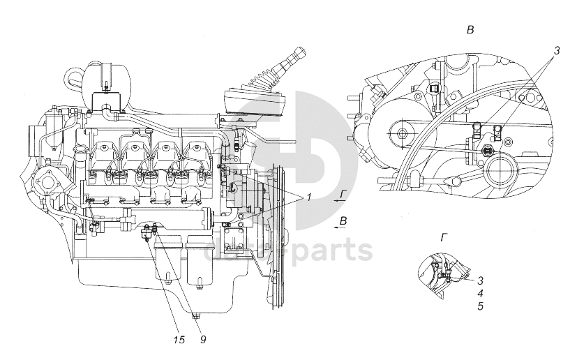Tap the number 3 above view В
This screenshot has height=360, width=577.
click(x=556, y=51)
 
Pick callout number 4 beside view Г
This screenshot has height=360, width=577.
click(x=481, y=294)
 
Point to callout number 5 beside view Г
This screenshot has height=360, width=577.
click(x=481, y=306)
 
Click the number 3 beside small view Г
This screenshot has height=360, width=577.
click(x=481, y=282)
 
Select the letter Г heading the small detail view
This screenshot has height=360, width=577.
click(x=444, y=238)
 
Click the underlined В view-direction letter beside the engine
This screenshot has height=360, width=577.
click(x=342, y=221)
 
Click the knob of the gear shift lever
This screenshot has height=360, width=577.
click(x=296, y=54)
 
